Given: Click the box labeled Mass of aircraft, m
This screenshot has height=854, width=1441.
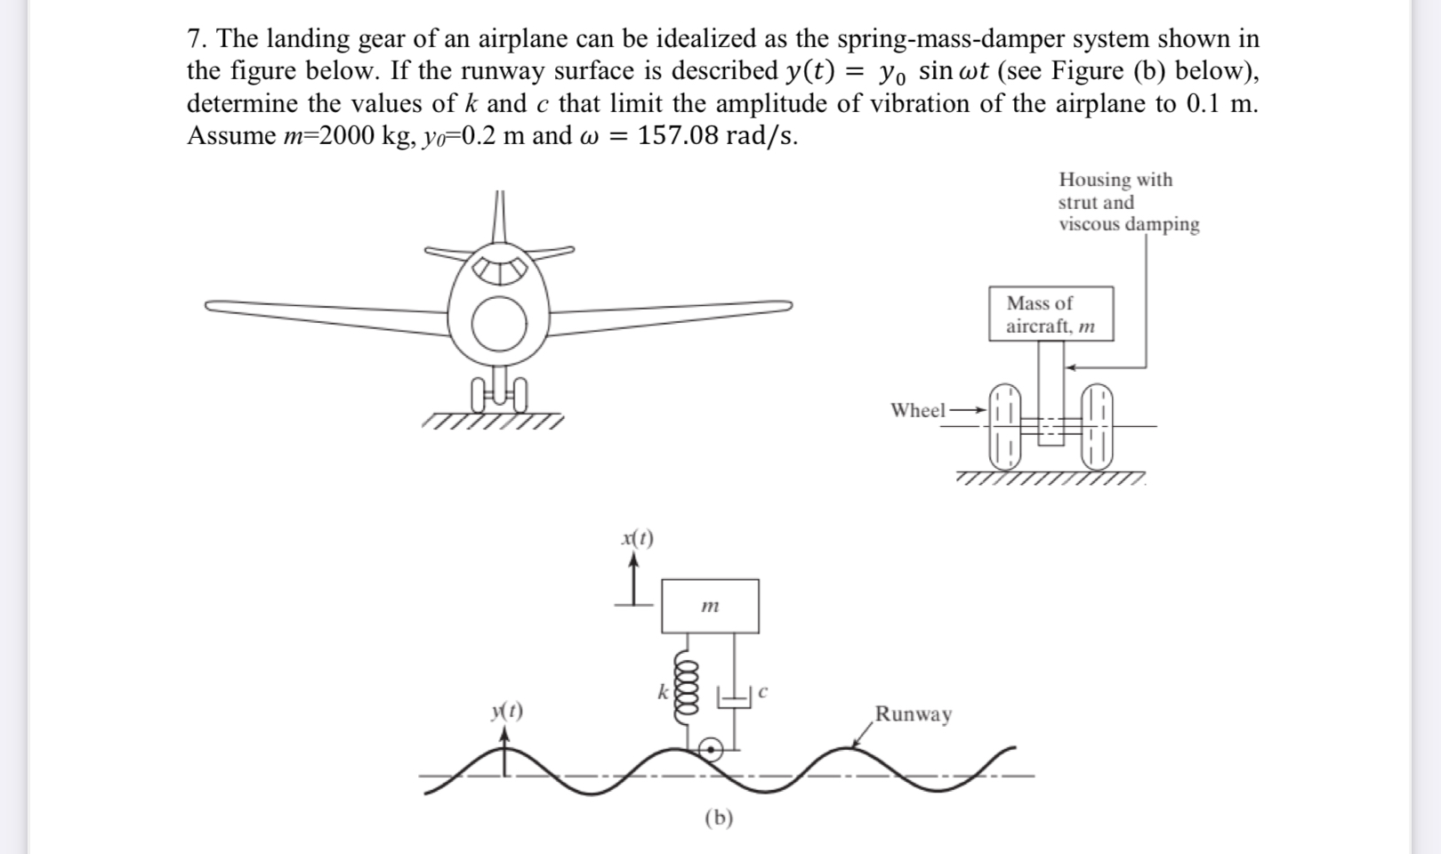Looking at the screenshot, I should click(x=1051, y=314).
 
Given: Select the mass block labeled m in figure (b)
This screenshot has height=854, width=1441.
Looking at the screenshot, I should click(x=710, y=607).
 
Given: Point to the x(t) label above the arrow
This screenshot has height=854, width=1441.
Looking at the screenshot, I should click(x=637, y=537).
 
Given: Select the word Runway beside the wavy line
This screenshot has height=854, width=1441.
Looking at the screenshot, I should click(x=914, y=713).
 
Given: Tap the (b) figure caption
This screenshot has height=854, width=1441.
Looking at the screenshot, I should click(x=719, y=818).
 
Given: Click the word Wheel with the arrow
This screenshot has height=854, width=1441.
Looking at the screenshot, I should click(x=918, y=410).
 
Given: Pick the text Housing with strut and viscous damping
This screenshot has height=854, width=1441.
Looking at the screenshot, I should click(x=1127, y=202).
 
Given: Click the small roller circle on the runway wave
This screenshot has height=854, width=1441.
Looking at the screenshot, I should click(x=710, y=751).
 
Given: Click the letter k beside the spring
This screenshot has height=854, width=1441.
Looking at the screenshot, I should click(x=662, y=690).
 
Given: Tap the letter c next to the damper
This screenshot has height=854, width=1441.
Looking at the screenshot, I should click(x=763, y=690).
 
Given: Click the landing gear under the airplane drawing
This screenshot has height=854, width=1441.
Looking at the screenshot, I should click(x=500, y=391).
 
